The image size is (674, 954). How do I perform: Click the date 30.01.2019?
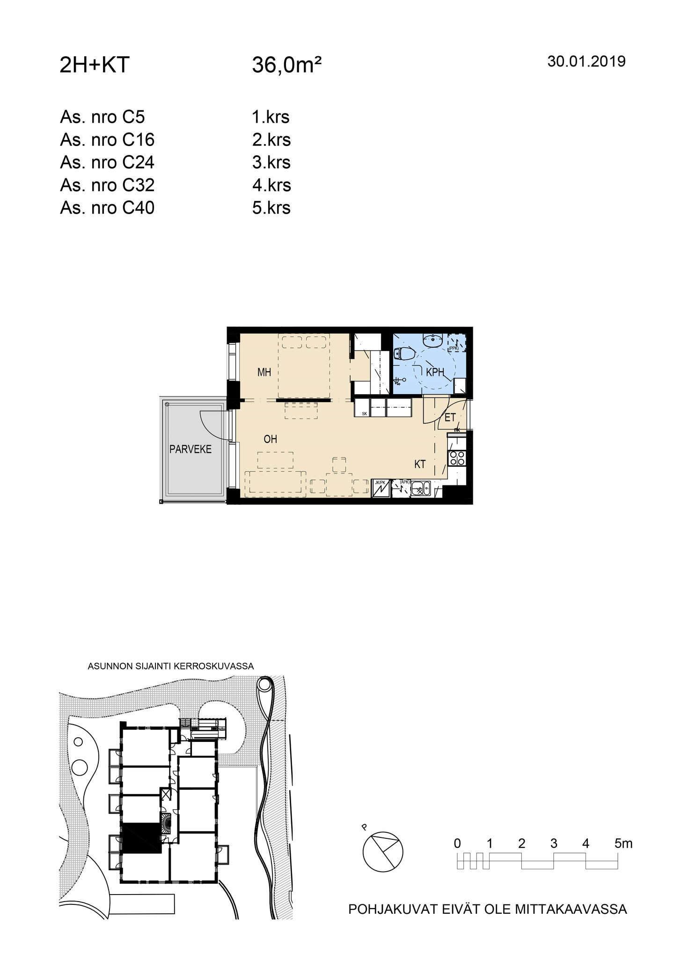tap(586, 61)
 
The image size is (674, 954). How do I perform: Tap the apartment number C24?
tap(139, 162)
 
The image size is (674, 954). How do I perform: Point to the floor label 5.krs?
tap(271, 208)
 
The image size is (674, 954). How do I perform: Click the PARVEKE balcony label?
tap(190, 449)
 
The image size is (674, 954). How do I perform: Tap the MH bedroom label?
tap(264, 373)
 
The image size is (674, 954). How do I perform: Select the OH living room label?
tap(271, 439)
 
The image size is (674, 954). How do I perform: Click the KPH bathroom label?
tap(435, 373)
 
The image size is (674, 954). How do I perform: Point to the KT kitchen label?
tap(420, 464)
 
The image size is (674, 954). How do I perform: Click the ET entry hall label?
tap(450, 418)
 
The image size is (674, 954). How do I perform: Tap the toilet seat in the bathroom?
tap(403, 354)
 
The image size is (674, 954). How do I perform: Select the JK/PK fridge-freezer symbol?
tap(380, 488)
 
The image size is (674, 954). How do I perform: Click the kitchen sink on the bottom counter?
tap(420, 489)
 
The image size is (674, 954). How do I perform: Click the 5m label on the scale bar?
tap(623, 844)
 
